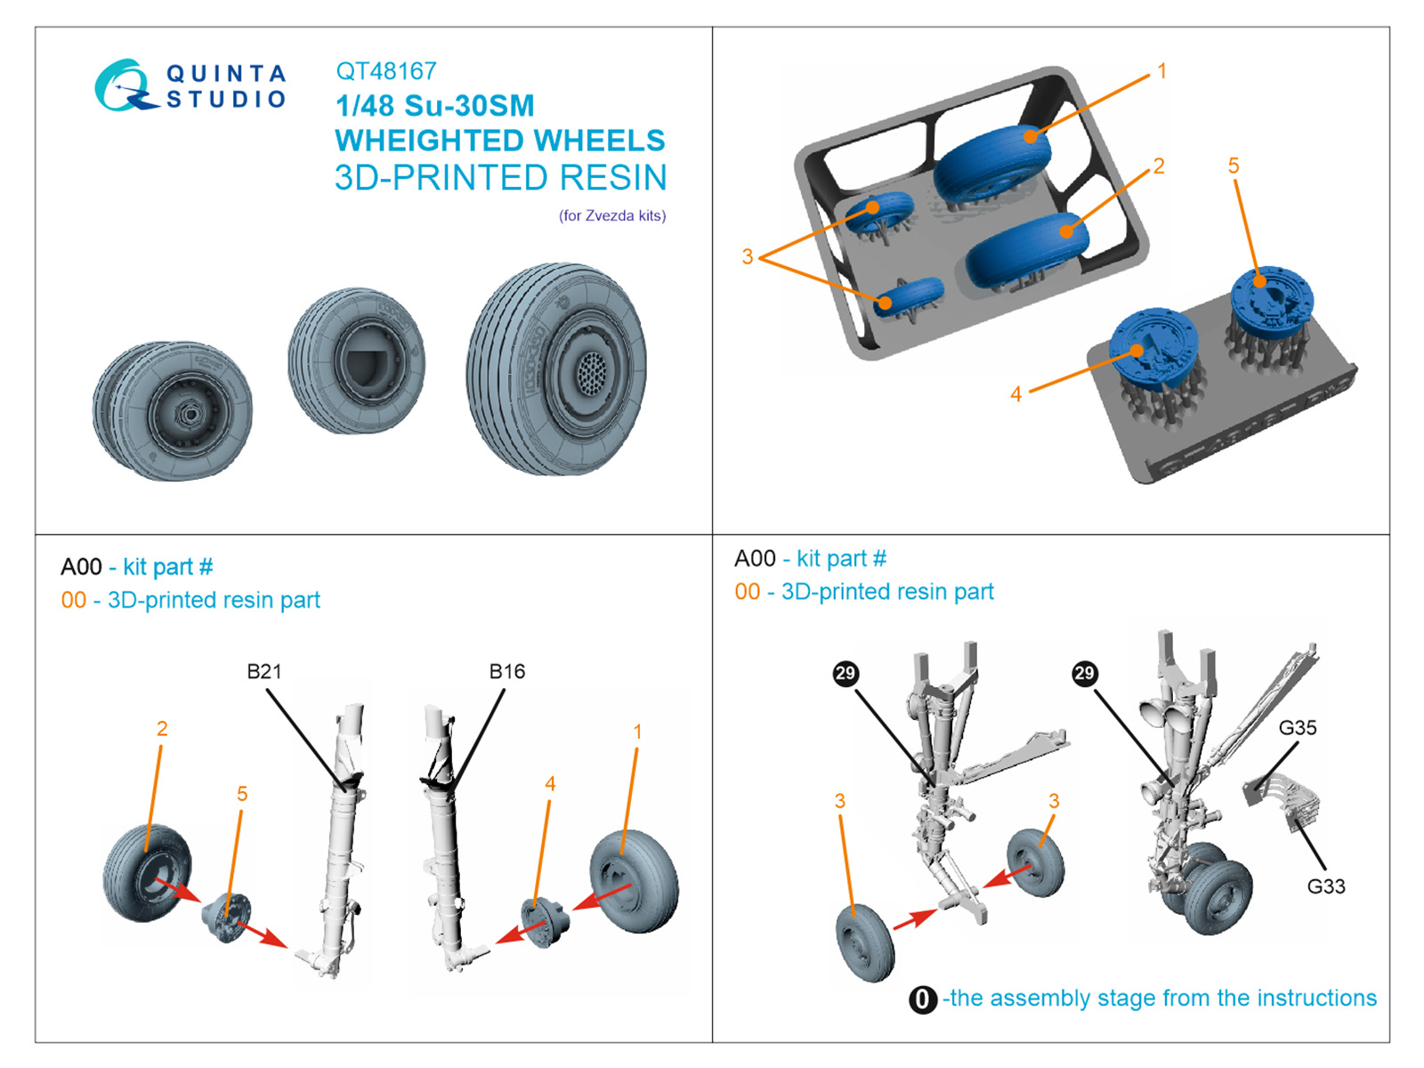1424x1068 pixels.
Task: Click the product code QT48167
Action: [x=386, y=71]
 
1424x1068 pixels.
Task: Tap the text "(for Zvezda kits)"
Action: [x=612, y=215]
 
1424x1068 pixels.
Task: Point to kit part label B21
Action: [x=264, y=672]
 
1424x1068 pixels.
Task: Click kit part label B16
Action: [x=507, y=672]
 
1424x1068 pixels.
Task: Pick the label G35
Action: [x=1298, y=728]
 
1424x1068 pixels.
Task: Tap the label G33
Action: [x=1326, y=886]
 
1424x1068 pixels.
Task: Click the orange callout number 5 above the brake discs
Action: [x=1234, y=166]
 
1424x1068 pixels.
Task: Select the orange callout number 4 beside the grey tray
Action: [x=1015, y=394]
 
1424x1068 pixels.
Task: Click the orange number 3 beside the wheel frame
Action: [x=748, y=257]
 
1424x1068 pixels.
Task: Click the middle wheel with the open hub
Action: [x=357, y=360]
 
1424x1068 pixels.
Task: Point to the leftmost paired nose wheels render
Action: [x=173, y=410]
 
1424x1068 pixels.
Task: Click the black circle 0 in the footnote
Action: [x=923, y=999]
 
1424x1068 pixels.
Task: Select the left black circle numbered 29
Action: [x=845, y=674]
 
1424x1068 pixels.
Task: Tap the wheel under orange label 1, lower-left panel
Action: [x=635, y=881]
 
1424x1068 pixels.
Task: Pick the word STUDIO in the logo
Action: [x=226, y=99]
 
